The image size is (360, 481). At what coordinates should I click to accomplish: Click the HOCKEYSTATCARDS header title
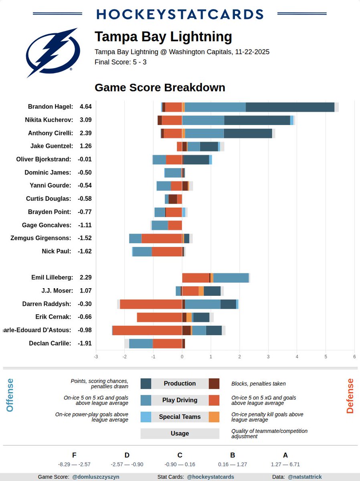[x=180, y=14]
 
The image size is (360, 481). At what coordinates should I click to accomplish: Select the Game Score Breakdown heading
[x=160, y=87]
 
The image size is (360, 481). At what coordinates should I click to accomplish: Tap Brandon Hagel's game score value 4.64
[x=85, y=107]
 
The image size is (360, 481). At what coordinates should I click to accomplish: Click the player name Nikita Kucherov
[x=49, y=120]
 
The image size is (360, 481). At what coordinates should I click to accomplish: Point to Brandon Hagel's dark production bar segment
[x=290, y=107]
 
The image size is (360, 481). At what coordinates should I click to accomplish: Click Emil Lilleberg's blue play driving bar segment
[x=231, y=278]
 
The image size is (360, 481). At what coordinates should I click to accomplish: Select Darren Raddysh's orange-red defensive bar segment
[x=151, y=304]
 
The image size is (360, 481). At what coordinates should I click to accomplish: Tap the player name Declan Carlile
[x=51, y=344]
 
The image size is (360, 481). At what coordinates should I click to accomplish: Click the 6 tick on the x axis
[x=354, y=356]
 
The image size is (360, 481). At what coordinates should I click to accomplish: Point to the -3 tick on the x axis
[x=95, y=356]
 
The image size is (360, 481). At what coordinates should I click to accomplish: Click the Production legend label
[x=180, y=384]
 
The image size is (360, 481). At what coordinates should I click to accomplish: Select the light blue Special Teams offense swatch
[x=146, y=417]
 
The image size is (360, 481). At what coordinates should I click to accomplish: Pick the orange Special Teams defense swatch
[x=214, y=417]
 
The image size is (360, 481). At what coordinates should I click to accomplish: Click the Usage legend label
[x=180, y=433]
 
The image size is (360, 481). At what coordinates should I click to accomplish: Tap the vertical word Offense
[x=10, y=395]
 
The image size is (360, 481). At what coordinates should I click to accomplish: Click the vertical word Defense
[x=350, y=396]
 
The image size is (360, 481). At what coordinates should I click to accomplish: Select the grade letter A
[x=285, y=455]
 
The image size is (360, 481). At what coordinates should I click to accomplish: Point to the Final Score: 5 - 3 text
[x=120, y=62]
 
